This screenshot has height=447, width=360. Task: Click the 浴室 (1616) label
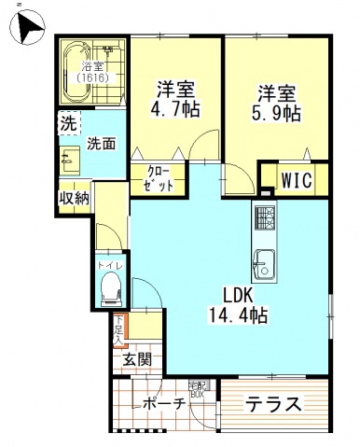point(92,73)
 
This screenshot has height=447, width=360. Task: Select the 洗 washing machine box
point(67,123)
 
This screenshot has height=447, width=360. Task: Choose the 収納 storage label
point(74,197)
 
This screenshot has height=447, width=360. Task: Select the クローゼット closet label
point(159,177)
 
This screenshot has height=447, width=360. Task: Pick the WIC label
point(297,177)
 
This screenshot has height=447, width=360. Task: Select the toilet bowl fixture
point(110,292)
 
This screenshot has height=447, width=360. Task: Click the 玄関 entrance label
point(136,358)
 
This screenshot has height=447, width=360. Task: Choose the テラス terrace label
point(274,404)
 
